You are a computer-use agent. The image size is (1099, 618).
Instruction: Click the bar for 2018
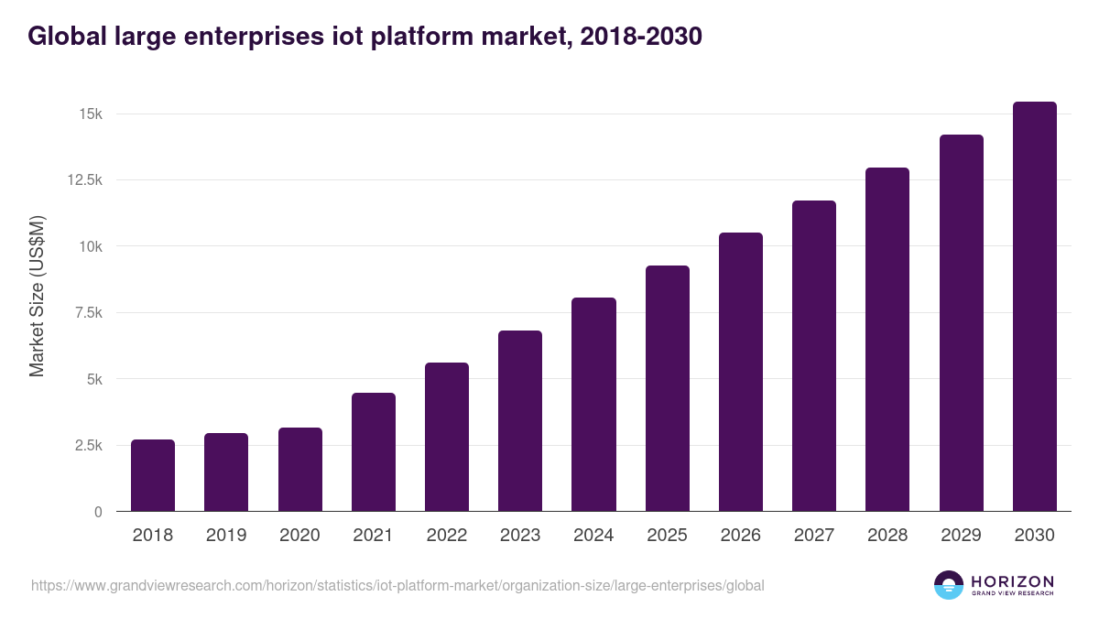pyautogui.click(x=153, y=475)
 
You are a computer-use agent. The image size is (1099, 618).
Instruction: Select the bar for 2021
pyautogui.click(x=374, y=452)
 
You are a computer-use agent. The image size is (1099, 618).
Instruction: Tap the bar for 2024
pyautogui.click(x=593, y=405)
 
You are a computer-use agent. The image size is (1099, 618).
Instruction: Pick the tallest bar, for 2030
pyautogui.click(x=1034, y=307)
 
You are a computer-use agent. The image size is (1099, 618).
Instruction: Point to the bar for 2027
pyautogui.click(x=814, y=356)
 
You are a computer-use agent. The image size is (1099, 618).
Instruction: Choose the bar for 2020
pyautogui.click(x=300, y=470)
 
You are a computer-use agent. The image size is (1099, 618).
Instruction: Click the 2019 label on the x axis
pyautogui.click(x=226, y=536)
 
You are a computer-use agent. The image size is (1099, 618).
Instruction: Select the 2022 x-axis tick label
pyautogui.click(x=447, y=536)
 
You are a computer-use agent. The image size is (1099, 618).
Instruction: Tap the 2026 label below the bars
pyautogui.click(x=741, y=536)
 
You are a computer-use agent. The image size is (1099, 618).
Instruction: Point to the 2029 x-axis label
pyautogui.click(x=961, y=536)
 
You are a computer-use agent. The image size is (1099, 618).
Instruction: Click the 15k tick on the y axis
pyautogui.click(x=90, y=114)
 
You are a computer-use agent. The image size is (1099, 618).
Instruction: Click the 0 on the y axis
pyautogui.click(x=97, y=512)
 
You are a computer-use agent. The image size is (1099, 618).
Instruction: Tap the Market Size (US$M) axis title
pyautogui.click(x=37, y=297)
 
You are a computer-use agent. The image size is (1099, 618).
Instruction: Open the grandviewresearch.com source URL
pyautogui.click(x=397, y=585)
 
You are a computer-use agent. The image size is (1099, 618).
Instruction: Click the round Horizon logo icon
pyautogui.click(x=949, y=585)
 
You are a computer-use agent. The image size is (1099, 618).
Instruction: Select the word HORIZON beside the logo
pyautogui.click(x=1013, y=581)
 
